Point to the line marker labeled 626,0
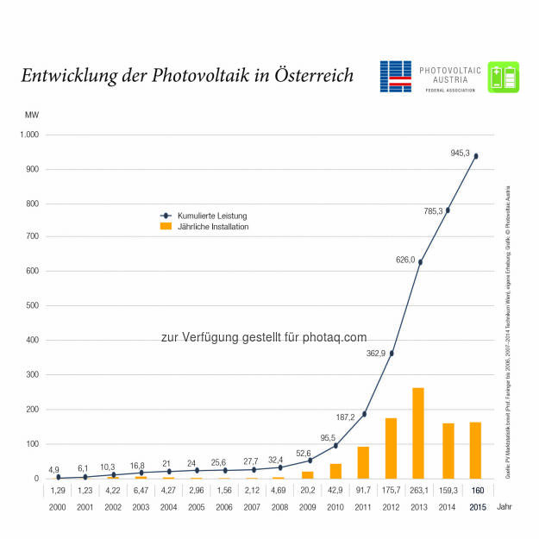click(x=420, y=261)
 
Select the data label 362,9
click(x=376, y=329)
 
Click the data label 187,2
click(x=345, y=393)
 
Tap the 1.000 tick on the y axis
click(x=29, y=135)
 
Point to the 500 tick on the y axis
click(x=32, y=306)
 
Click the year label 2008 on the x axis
click(x=280, y=507)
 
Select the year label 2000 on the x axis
click(x=57, y=507)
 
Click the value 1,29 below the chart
click(x=57, y=489)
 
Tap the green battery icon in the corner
click(x=503, y=77)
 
